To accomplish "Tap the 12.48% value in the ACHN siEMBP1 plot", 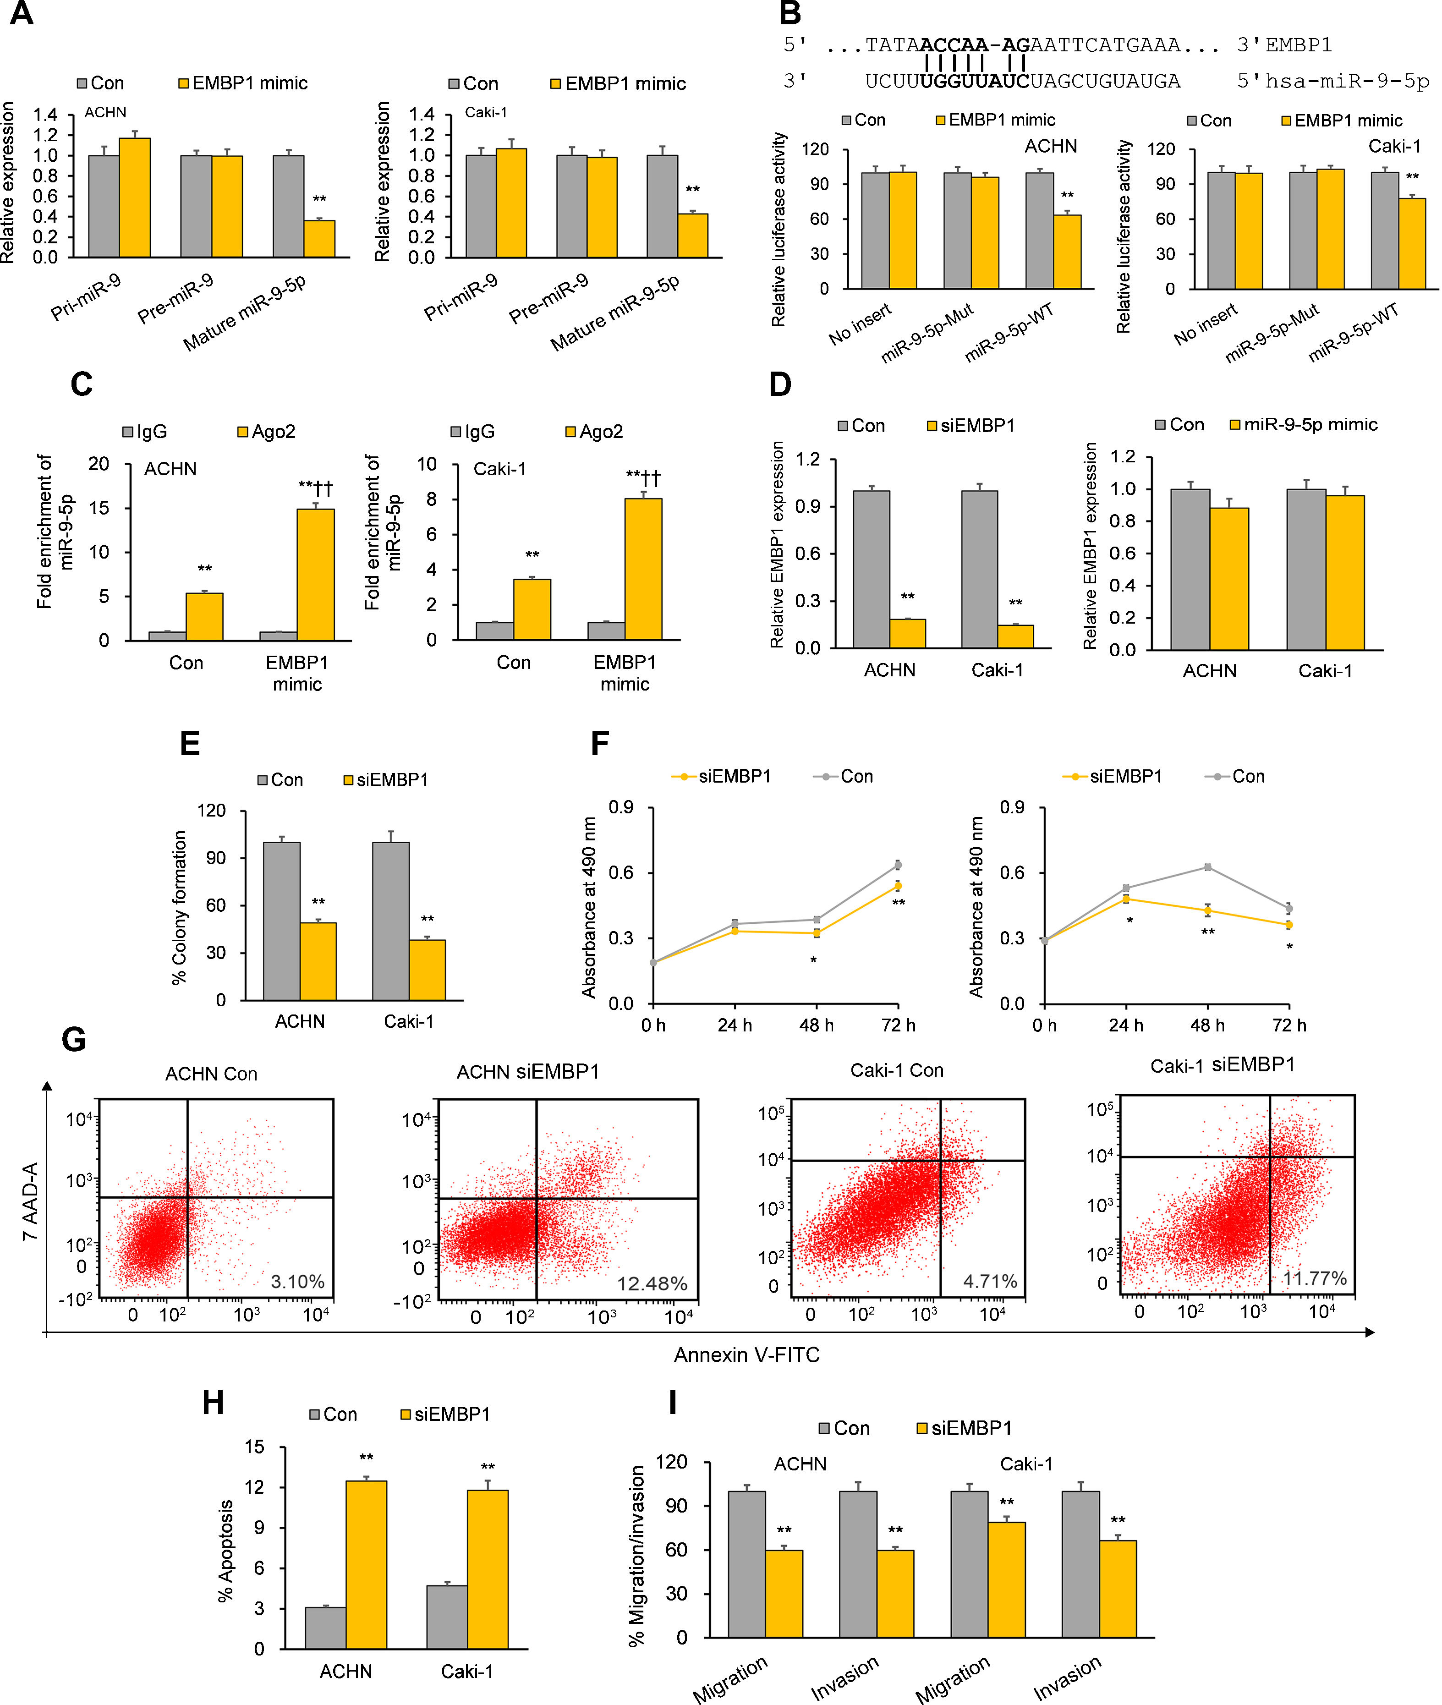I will pos(652,1284).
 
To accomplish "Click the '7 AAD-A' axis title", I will pos(30,1201).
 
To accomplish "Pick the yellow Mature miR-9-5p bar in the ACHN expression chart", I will pos(320,239).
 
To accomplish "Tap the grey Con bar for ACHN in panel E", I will pos(281,921).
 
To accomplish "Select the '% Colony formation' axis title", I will pos(179,907).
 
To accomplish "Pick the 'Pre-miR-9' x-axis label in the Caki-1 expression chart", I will pos(548,298).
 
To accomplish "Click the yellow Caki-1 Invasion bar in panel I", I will pos(1118,1589).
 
